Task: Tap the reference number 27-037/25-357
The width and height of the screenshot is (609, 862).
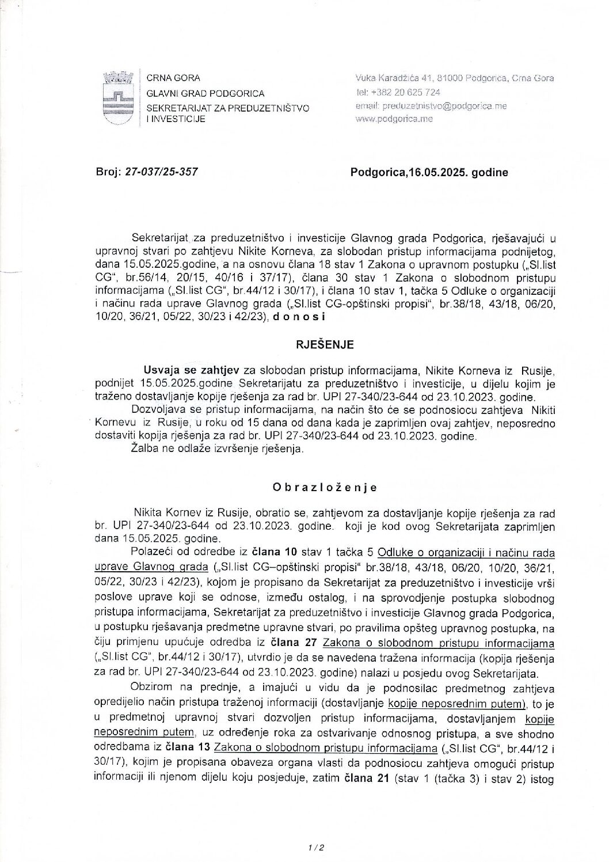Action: coord(161,172)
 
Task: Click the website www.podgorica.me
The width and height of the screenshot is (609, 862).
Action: coord(394,119)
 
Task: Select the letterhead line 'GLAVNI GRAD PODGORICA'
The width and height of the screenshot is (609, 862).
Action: coord(205,93)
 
